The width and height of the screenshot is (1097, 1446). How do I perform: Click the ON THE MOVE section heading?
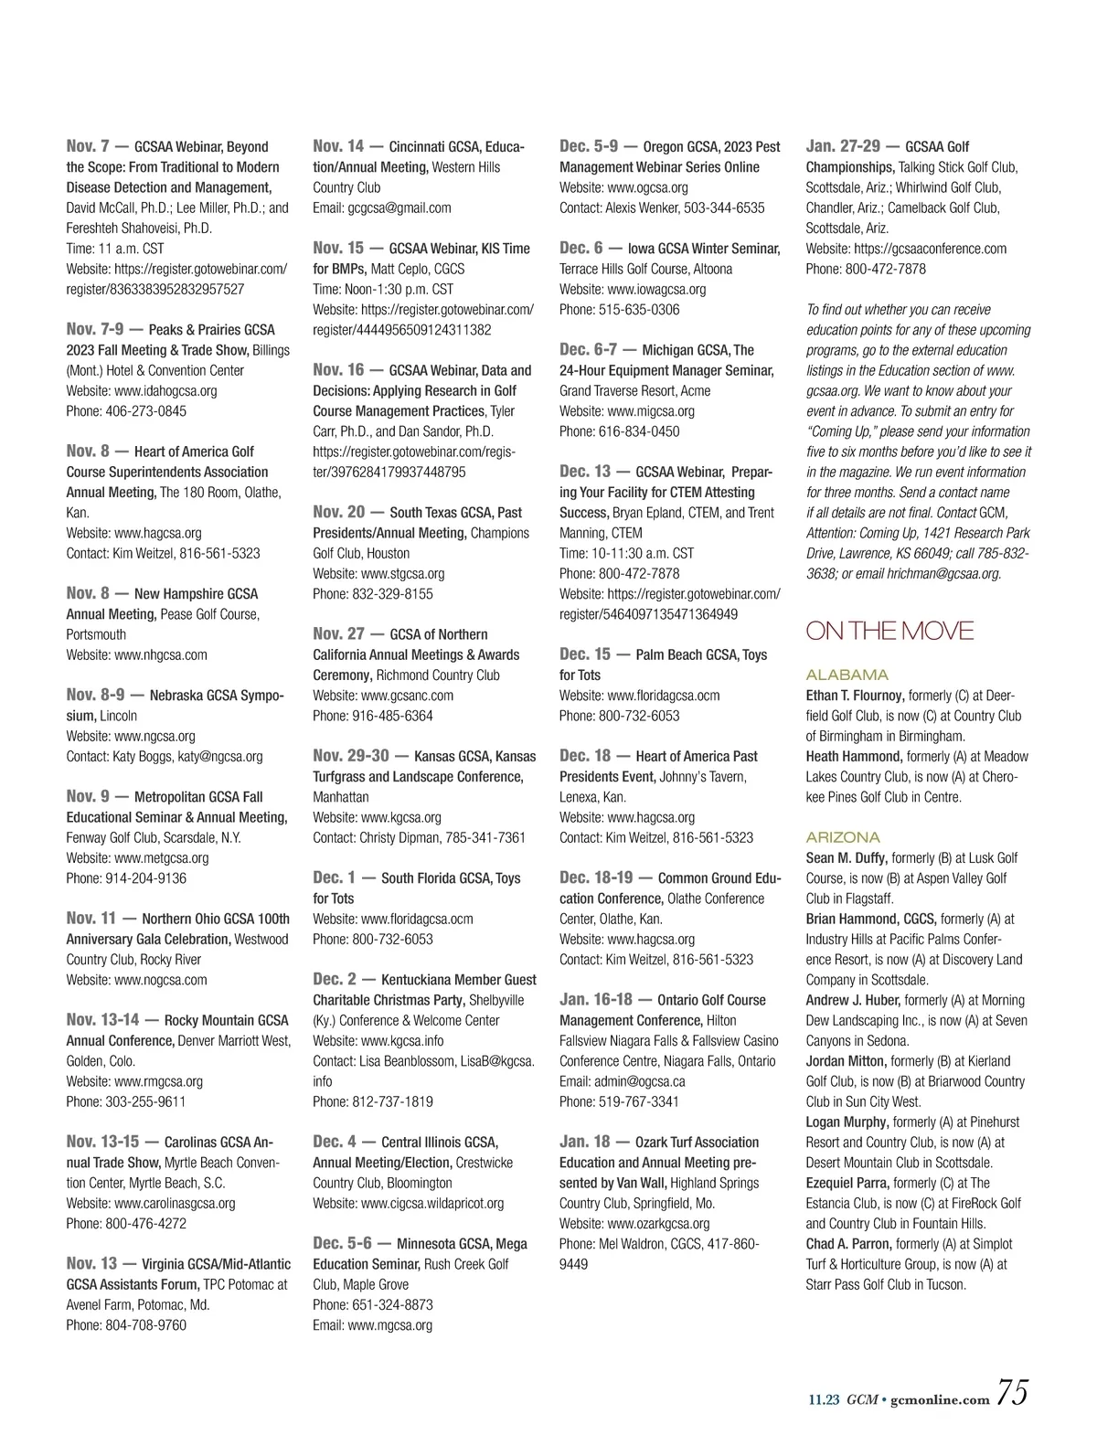(889, 632)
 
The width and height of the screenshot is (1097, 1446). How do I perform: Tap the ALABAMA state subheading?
(847, 675)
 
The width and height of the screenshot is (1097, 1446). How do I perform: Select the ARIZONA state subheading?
(843, 837)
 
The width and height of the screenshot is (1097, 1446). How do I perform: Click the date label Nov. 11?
(91, 919)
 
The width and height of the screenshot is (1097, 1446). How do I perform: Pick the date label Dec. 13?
(585, 472)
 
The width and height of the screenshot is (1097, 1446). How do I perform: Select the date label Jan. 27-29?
(843, 146)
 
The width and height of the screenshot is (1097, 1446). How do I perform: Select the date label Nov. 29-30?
(351, 756)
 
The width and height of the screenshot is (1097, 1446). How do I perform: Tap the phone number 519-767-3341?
(639, 1102)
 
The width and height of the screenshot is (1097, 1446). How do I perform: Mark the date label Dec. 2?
(335, 980)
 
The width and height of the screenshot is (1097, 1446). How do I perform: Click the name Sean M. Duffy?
(847, 858)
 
